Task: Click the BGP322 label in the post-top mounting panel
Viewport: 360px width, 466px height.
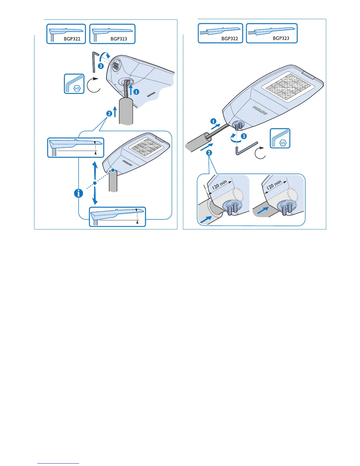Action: tap(72, 39)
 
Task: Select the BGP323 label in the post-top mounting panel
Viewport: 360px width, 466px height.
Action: tap(119, 39)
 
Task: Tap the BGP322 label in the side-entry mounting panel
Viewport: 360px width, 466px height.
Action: tap(230, 39)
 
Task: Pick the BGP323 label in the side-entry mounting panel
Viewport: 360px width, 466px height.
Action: tap(281, 38)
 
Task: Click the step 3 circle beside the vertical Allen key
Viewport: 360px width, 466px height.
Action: tap(101, 66)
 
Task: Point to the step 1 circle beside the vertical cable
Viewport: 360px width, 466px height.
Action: tap(136, 92)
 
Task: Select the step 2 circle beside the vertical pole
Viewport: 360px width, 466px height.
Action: tap(109, 113)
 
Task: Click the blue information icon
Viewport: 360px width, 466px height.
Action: tap(79, 193)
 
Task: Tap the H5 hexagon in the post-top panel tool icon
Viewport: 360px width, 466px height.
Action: tap(77, 88)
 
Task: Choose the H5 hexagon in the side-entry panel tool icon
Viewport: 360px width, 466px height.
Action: tap(283, 143)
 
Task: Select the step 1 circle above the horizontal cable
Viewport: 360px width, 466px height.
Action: tap(214, 121)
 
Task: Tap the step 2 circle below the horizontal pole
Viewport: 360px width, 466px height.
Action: tap(209, 153)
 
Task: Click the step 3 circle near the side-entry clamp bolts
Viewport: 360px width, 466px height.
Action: tap(244, 136)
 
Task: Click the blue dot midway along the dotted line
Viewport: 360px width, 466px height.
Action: tap(95, 183)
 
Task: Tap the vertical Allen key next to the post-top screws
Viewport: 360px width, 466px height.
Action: tap(94, 62)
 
